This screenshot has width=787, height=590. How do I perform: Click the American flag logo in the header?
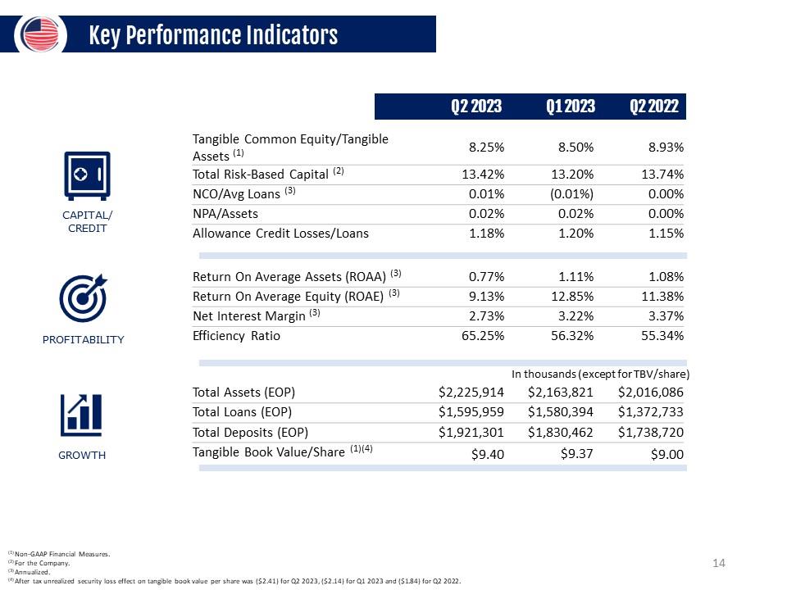click(40, 34)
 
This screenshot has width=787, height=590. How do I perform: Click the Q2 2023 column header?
click(475, 107)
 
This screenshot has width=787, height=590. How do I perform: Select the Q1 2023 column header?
click(571, 107)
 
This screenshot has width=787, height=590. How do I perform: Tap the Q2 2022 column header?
click(654, 107)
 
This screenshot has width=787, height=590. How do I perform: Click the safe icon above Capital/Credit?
click(88, 175)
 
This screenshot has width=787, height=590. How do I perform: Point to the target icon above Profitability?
click(84, 298)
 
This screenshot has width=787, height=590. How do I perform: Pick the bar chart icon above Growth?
click(81, 415)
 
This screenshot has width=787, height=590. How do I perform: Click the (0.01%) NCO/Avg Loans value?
click(571, 194)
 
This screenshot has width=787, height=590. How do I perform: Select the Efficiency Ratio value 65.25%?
click(483, 336)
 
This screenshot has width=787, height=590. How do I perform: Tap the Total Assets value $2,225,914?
click(471, 393)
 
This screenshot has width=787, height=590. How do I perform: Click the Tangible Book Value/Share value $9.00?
click(667, 455)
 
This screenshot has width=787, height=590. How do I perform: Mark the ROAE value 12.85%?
click(572, 297)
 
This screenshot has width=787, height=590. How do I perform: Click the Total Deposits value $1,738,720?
click(650, 433)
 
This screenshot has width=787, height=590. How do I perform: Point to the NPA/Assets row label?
click(225, 214)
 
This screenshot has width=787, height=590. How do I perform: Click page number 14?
click(719, 563)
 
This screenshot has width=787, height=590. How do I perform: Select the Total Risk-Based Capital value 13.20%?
click(572, 174)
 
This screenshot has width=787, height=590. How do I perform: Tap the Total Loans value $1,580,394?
click(560, 412)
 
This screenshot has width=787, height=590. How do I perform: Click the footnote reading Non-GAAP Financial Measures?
click(59, 554)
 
